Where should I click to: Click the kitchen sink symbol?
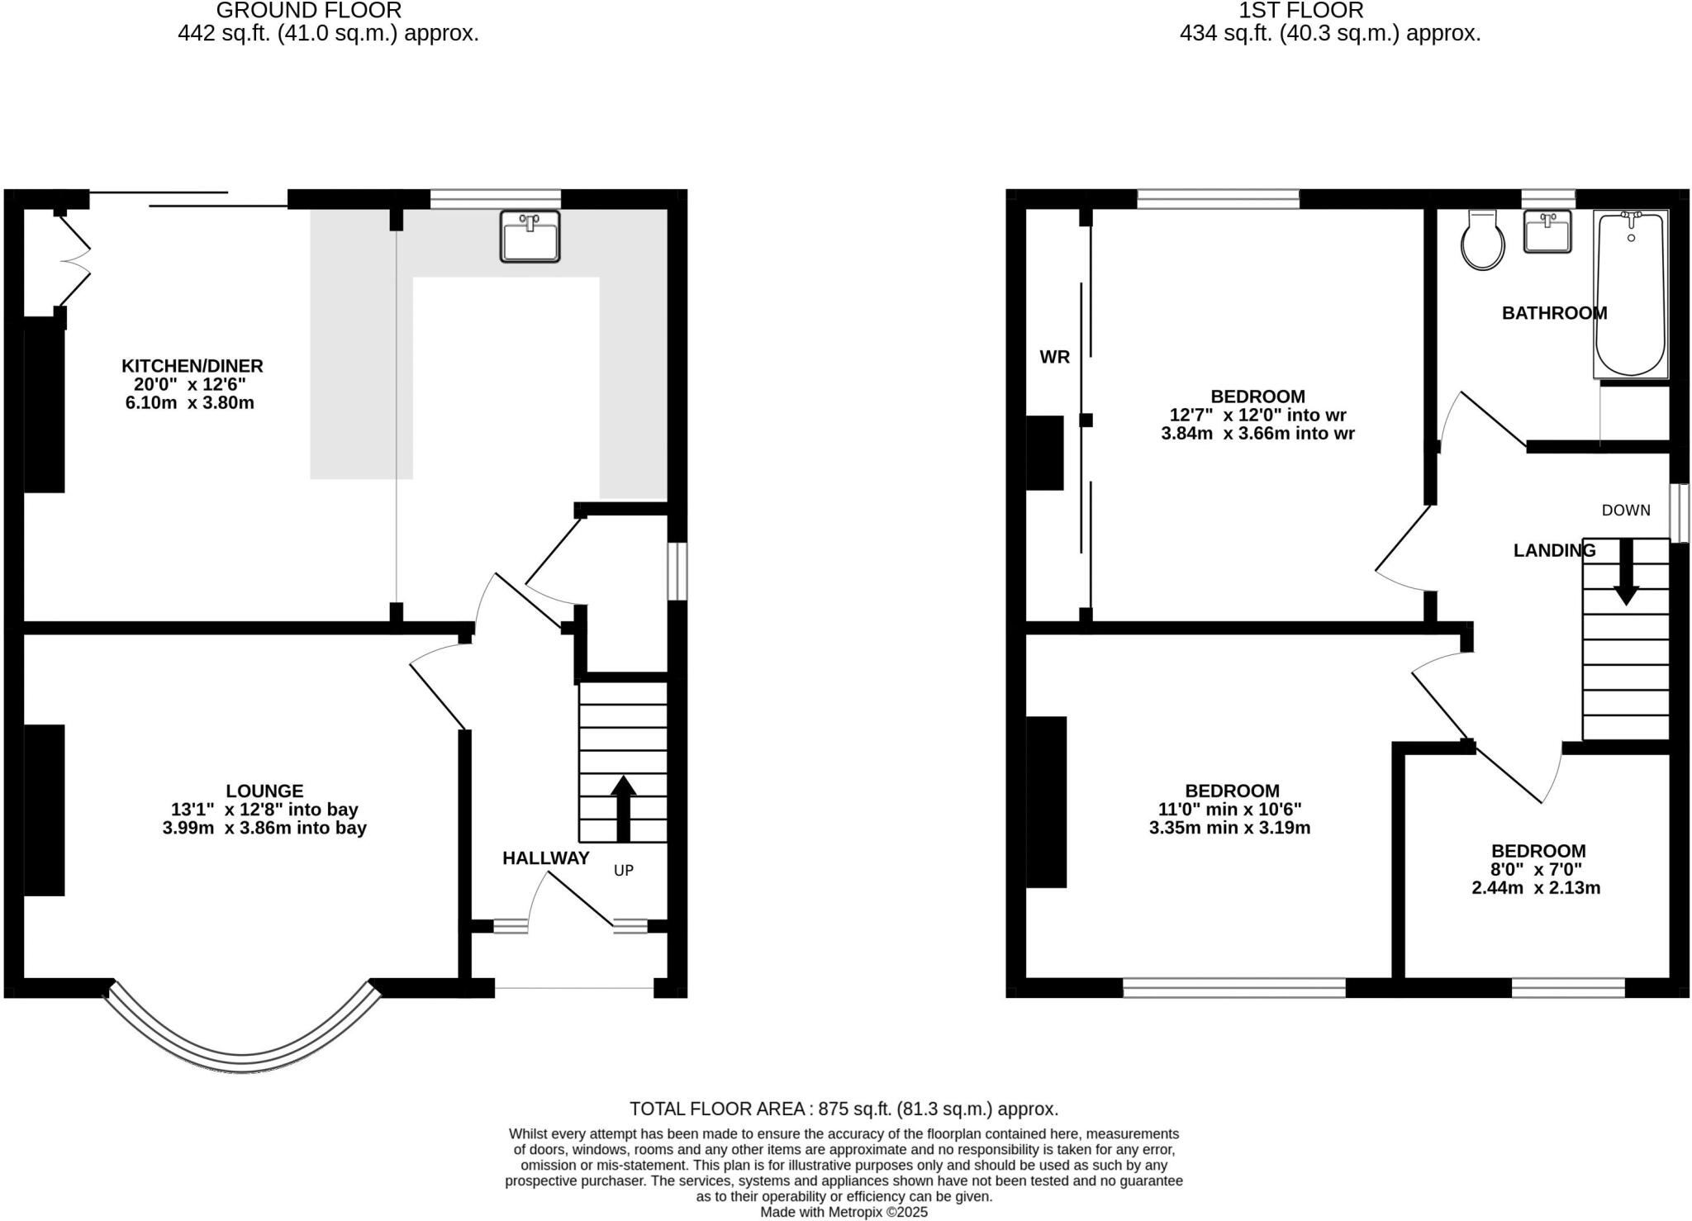pyautogui.click(x=530, y=236)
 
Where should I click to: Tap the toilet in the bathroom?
pyautogui.click(x=1482, y=240)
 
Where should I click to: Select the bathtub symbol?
pyautogui.click(x=1630, y=294)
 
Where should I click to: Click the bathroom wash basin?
pyautogui.click(x=1547, y=232)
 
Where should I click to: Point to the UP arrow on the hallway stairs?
pyautogui.click(x=623, y=807)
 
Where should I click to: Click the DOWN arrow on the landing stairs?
pyautogui.click(x=1626, y=572)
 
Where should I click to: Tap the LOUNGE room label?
pyautogui.click(x=264, y=791)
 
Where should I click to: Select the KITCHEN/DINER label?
pyautogui.click(x=192, y=365)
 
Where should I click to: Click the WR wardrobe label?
pyautogui.click(x=1054, y=357)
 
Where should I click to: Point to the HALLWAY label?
pyautogui.click(x=546, y=858)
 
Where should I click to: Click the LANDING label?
pyautogui.click(x=1554, y=550)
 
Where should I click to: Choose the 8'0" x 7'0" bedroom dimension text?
pyautogui.click(x=1536, y=869)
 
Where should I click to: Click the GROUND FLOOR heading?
pyautogui.click(x=308, y=11)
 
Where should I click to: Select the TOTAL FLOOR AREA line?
pyautogui.click(x=844, y=1109)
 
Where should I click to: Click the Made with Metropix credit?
pyautogui.click(x=844, y=1212)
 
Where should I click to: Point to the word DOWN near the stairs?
pyautogui.click(x=1625, y=511)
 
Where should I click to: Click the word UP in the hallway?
pyautogui.click(x=624, y=870)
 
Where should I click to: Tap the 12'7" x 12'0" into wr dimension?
pyautogui.click(x=1257, y=415)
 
